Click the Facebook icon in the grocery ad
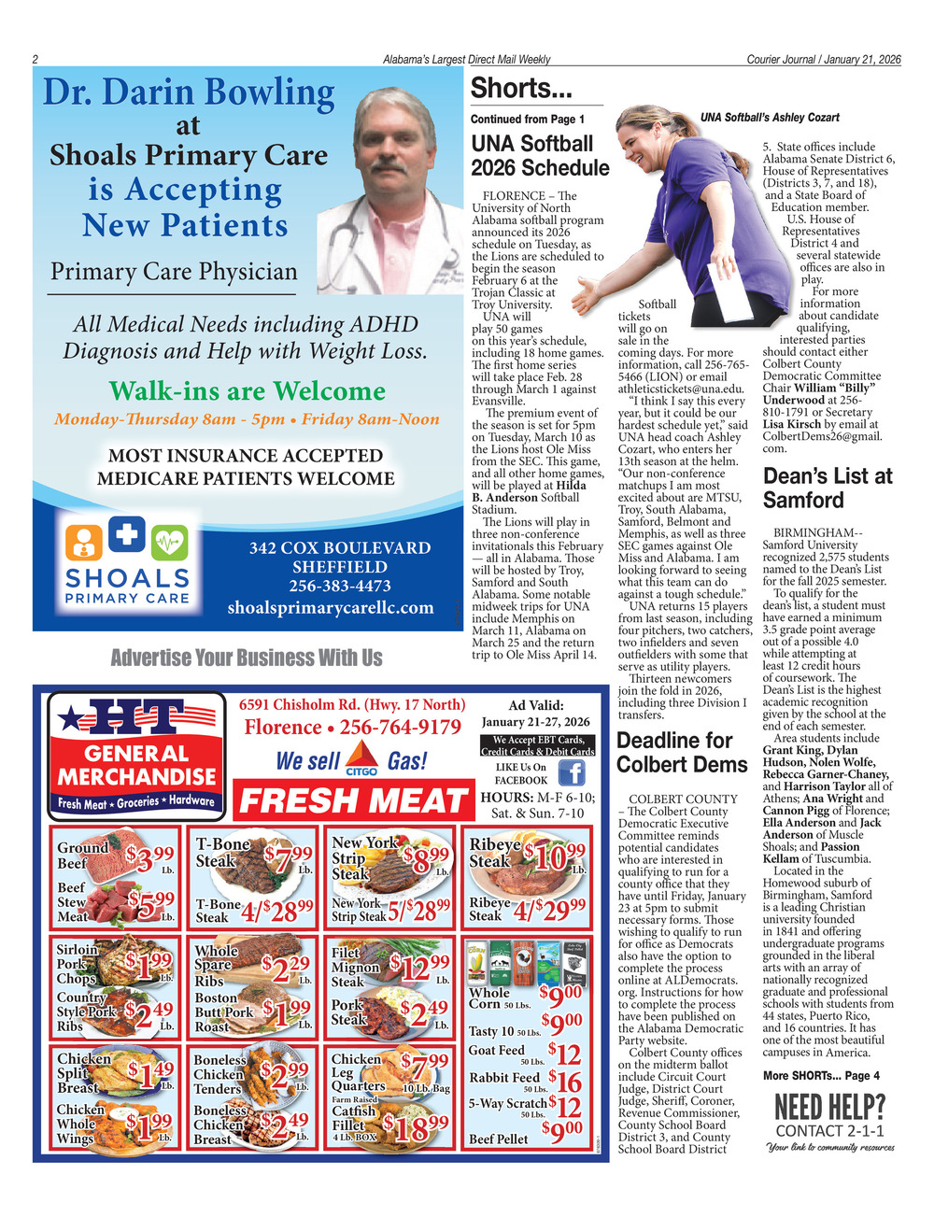click(x=571, y=772)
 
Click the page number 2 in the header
click(x=35, y=60)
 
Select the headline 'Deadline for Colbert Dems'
click(x=682, y=753)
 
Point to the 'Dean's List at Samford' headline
click(x=828, y=488)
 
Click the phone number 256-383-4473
click(x=340, y=586)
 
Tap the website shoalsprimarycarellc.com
click(x=331, y=607)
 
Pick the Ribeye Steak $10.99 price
click(x=555, y=856)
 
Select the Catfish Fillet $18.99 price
click(x=419, y=1128)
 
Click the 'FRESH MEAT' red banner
click(x=353, y=801)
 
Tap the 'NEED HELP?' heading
click(x=829, y=1108)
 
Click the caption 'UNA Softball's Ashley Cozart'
click(x=770, y=118)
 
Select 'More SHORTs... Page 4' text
click(x=821, y=1075)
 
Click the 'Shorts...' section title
click(x=521, y=89)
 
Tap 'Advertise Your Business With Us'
click(x=247, y=658)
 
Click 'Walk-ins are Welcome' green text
click(x=247, y=390)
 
